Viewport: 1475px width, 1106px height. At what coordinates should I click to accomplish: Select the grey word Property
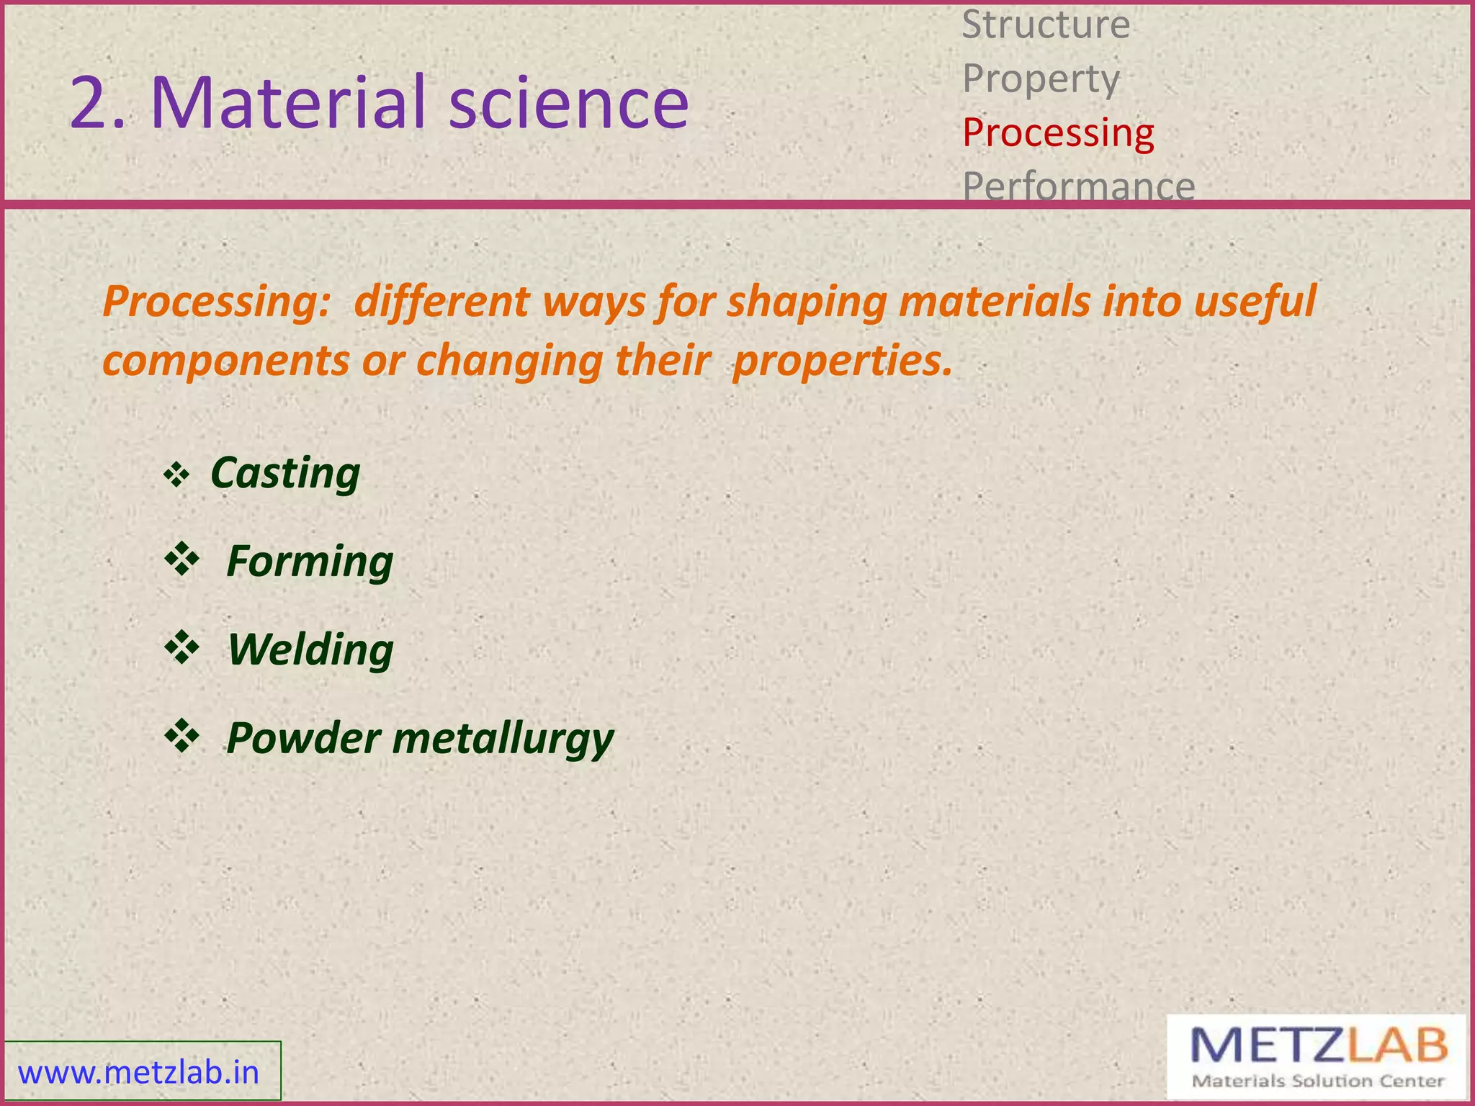tap(1041, 79)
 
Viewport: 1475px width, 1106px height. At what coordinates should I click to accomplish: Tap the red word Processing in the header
tap(1058, 133)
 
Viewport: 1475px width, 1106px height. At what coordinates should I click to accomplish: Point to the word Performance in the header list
tap(1078, 186)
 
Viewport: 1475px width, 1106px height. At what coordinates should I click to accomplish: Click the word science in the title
tap(568, 102)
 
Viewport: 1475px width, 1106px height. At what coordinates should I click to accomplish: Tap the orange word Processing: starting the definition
tap(216, 302)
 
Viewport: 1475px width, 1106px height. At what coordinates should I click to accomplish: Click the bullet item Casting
tap(285, 474)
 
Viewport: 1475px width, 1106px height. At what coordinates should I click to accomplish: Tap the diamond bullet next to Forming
tap(181, 560)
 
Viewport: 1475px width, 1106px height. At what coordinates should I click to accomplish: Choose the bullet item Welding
tap(310, 649)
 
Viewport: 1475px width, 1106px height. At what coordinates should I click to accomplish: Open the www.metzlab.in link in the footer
tap(138, 1073)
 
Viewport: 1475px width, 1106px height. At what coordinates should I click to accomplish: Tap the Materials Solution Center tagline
tap(1317, 1081)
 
